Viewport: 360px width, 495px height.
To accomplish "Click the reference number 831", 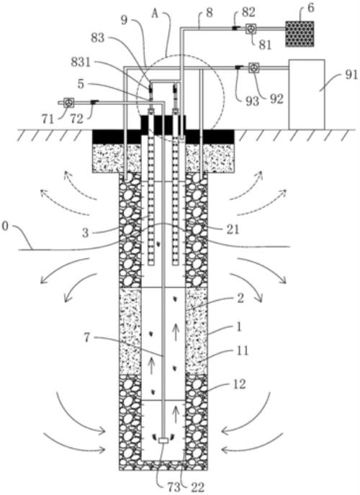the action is pyautogui.click(x=81, y=62).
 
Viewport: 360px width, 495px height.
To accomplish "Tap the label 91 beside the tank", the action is pyautogui.click(x=351, y=75).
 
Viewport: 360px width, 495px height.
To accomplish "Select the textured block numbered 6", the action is pyautogui.click(x=300, y=34).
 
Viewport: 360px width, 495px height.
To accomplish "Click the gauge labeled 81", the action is pyautogui.click(x=251, y=29).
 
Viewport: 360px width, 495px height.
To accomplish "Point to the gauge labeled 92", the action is pyautogui.click(x=253, y=68).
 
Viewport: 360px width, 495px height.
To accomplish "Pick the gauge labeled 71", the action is pyautogui.click(x=69, y=103).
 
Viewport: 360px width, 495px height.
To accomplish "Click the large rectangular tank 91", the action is pyautogui.click(x=307, y=94).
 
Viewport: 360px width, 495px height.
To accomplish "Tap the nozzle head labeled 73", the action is pyautogui.click(x=163, y=440).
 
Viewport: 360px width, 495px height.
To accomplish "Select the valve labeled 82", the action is pyautogui.click(x=235, y=28).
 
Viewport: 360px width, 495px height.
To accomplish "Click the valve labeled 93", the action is pyautogui.click(x=239, y=67).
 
